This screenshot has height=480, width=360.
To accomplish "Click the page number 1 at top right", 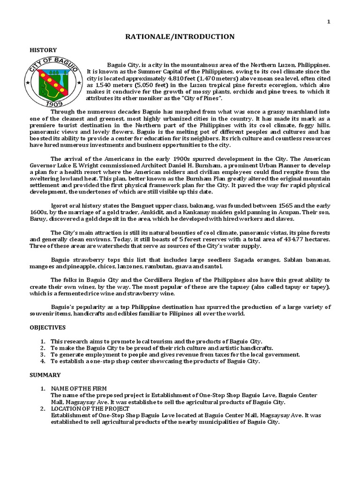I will (329, 22).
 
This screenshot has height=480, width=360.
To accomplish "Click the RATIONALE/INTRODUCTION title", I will (180, 37).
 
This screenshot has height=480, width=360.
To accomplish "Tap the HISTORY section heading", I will (43, 50).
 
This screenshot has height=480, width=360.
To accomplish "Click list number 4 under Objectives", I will (43, 361).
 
